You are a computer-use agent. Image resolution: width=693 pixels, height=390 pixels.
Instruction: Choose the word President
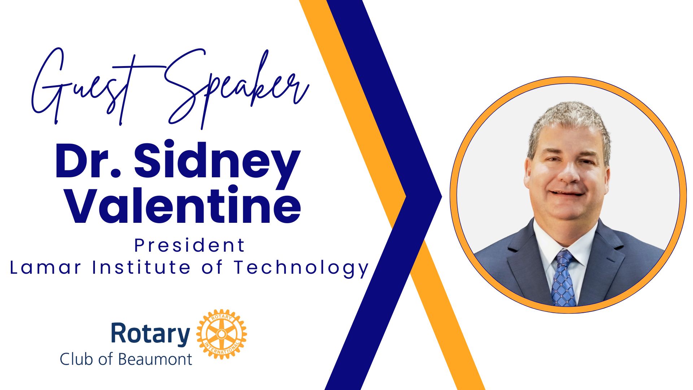click(190, 246)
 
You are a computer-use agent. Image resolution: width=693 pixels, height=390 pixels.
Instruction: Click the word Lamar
click(45, 268)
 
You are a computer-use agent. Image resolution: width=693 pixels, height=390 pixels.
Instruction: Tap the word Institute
click(141, 268)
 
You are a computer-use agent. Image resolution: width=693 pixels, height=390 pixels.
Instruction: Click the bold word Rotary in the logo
click(151, 334)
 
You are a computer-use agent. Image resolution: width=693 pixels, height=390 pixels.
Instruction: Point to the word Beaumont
click(155, 359)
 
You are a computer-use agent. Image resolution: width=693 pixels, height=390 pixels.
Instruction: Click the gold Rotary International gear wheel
click(222, 334)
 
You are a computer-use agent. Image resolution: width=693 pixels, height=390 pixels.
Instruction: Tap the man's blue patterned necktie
click(563, 278)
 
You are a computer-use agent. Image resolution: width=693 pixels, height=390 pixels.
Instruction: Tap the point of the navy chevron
click(441, 197)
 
